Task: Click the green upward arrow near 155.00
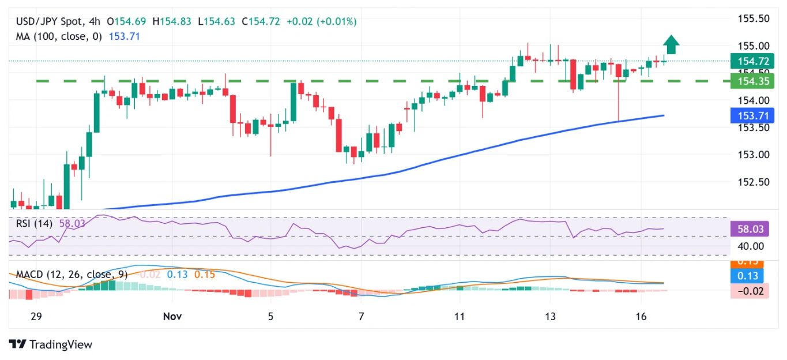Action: tap(671, 44)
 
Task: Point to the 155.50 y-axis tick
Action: tap(754, 18)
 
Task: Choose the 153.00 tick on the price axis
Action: tap(754, 155)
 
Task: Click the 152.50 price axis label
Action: tap(754, 182)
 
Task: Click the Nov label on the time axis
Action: tap(172, 316)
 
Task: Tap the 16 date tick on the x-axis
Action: tap(641, 316)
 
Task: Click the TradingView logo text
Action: tap(61, 344)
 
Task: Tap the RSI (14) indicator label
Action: tap(32, 224)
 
